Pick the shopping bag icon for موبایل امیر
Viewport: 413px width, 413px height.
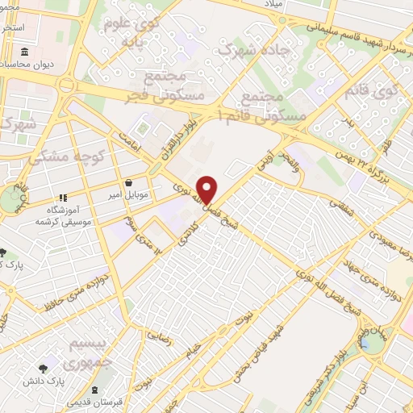pos(128,182)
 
